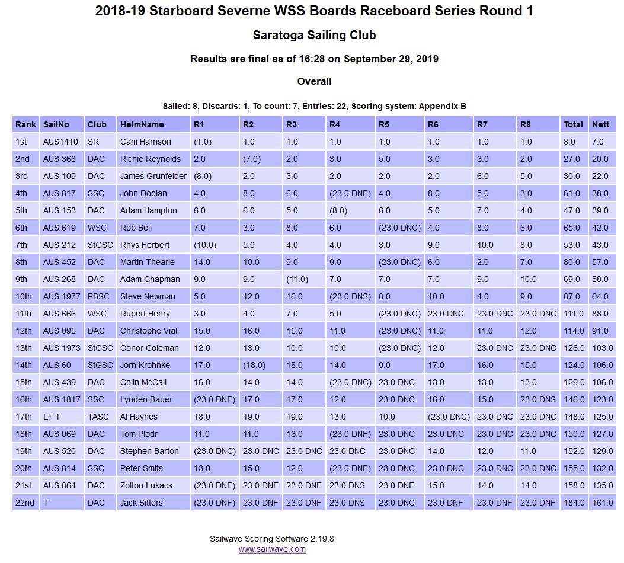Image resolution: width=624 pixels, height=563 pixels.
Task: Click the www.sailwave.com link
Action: coord(272,549)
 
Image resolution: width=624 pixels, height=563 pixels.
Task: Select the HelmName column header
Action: coord(142,124)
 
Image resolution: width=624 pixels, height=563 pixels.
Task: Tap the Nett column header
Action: coord(600,124)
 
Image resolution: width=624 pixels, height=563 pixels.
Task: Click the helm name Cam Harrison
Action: coord(145,142)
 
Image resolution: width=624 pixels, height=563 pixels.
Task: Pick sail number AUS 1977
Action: coord(59,296)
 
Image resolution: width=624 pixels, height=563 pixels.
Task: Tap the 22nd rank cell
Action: coord(25,503)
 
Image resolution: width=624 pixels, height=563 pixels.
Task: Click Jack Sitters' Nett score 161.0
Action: coord(603,503)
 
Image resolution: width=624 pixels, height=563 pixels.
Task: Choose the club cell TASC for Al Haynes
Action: coord(98,417)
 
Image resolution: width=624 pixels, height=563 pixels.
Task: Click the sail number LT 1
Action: coord(52,417)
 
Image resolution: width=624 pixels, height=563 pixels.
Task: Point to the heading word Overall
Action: coord(314,81)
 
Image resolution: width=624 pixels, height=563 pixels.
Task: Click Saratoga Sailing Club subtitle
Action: coord(314,35)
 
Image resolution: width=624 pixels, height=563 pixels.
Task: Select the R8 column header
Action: coord(526,124)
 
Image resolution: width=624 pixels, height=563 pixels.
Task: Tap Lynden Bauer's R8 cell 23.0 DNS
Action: coord(538,399)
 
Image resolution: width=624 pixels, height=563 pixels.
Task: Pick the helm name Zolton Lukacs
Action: coord(146,485)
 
